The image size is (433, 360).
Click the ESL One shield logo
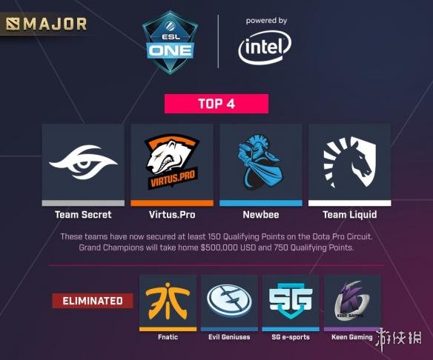click(170, 42)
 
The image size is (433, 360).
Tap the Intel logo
click(265, 47)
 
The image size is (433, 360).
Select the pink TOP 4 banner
click(216, 104)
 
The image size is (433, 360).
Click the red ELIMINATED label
click(93, 301)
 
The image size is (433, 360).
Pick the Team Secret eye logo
click(83, 162)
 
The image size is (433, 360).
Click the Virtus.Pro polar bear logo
click(172, 161)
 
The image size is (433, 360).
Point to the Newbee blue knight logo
click(260, 162)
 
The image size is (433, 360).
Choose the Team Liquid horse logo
click(350, 161)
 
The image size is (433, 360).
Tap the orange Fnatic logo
click(168, 301)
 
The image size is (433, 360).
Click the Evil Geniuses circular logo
click(229, 301)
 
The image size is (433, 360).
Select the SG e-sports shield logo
click(291, 301)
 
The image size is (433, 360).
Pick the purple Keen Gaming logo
click(351, 301)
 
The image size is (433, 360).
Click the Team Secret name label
click(83, 215)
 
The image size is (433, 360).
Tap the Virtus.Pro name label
click(172, 215)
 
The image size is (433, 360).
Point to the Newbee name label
click(261, 215)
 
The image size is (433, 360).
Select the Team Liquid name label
click(350, 215)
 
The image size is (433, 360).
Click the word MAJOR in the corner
click(55, 24)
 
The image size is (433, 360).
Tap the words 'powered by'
click(266, 21)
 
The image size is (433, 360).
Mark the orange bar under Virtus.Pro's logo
click(172, 203)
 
